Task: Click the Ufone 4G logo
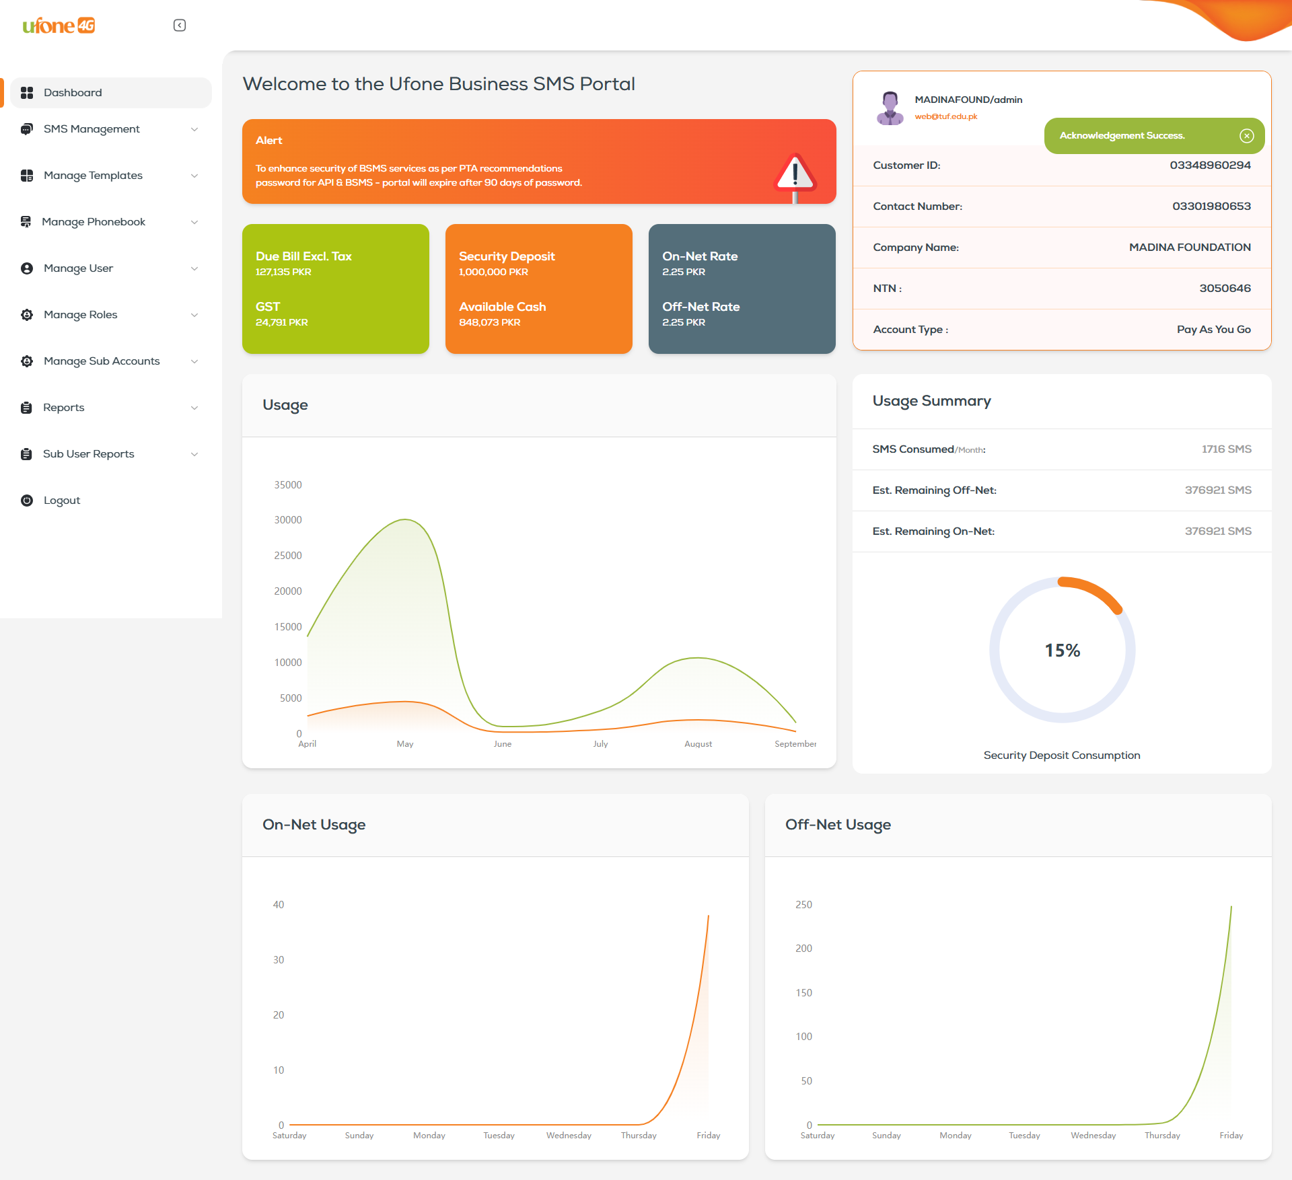pos(59,26)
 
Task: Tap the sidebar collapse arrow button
pos(180,26)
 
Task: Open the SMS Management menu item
pos(92,129)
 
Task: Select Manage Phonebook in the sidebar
pos(94,222)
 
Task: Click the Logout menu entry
pos(61,501)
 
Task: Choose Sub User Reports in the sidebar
pos(88,454)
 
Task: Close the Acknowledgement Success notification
pos(1246,136)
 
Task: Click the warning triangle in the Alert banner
pos(795,174)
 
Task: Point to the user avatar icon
pos(890,108)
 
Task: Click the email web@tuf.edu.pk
pos(945,116)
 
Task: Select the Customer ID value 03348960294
pos(1210,165)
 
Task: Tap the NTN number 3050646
pos(1225,289)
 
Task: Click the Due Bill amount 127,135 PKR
pos(283,272)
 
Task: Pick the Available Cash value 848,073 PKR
pos(489,322)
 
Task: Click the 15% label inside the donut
pos(1062,651)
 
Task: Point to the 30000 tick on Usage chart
pos(288,520)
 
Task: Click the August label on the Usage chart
pos(698,744)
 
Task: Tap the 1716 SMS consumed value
pos(1226,449)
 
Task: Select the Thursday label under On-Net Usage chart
pos(638,1136)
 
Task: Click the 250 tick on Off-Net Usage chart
pos(803,905)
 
